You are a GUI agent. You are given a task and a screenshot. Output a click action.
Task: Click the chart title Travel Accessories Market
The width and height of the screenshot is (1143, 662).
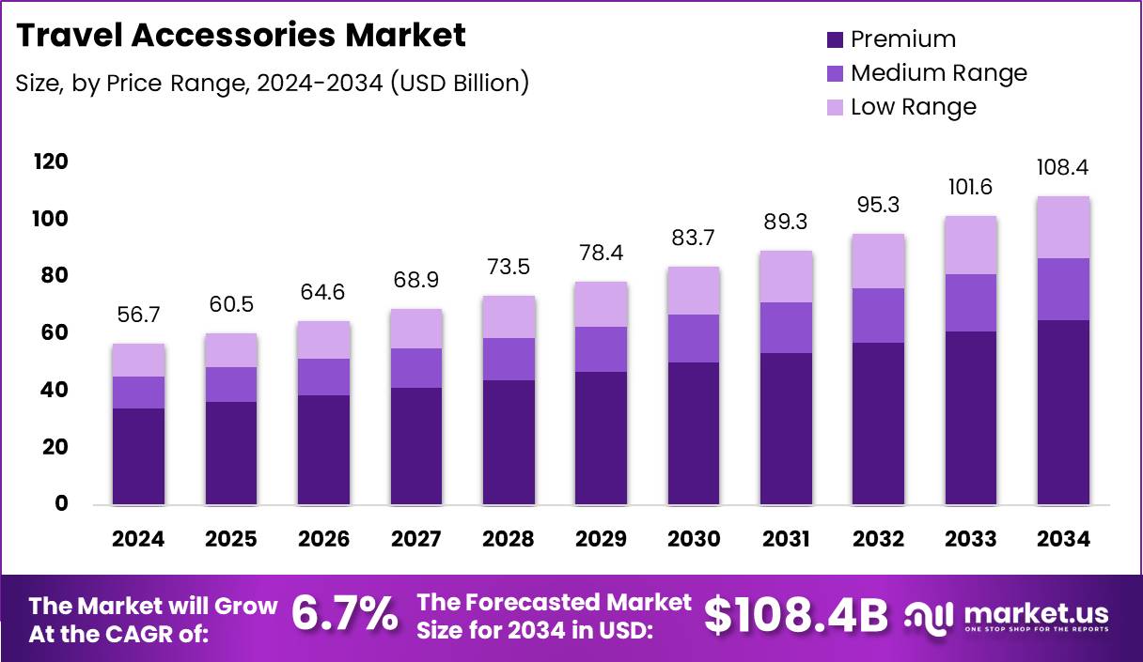[x=241, y=36]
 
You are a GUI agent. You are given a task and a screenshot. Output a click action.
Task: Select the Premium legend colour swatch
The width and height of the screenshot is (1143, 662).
[x=835, y=39]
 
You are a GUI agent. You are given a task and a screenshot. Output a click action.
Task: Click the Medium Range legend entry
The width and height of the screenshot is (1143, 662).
[x=938, y=73]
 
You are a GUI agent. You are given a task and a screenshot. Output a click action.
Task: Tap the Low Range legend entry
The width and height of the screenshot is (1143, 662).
[x=913, y=107]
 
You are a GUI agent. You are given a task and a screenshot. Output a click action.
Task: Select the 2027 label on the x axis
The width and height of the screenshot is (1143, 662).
[x=415, y=539]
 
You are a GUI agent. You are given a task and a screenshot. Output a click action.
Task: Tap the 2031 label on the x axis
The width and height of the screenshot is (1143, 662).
[x=786, y=539]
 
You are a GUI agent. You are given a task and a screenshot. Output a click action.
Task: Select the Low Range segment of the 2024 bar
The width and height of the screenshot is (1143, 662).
[x=138, y=360]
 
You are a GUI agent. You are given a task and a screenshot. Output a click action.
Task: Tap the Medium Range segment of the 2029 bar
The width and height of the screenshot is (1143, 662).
[x=601, y=349]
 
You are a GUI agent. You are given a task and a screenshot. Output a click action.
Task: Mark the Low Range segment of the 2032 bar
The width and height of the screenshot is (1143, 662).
[x=878, y=261]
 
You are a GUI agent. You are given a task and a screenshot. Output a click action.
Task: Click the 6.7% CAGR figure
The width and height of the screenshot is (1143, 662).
[x=344, y=615]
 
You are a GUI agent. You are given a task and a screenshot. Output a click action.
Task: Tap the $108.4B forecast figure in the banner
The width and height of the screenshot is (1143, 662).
[x=795, y=615]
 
